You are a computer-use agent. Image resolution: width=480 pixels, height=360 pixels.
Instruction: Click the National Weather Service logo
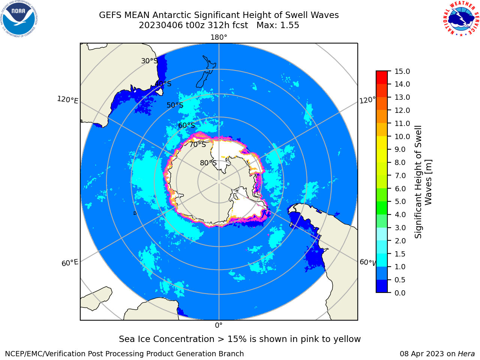click(x=461, y=19)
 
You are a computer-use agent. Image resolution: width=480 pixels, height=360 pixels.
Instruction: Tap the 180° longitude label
click(x=219, y=37)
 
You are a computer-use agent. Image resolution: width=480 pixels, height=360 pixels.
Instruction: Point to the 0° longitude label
click(x=219, y=325)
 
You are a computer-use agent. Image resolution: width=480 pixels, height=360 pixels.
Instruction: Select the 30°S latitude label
click(x=149, y=61)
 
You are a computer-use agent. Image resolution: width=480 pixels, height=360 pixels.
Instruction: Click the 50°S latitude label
click(x=175, y=105)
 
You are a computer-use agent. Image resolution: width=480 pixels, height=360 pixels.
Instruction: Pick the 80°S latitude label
click(x=208, y=163)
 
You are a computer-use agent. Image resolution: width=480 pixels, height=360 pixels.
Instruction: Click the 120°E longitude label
click(x=68, y=100)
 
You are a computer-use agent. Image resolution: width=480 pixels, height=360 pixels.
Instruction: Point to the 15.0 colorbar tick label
click(x=402, y=72)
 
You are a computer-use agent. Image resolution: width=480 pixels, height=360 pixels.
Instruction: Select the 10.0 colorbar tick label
click(x=402, y=136)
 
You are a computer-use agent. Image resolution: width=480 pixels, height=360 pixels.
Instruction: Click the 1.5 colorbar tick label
click(x=400, y=254)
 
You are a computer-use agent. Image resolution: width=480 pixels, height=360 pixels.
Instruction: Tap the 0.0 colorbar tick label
click(x=400, y=293)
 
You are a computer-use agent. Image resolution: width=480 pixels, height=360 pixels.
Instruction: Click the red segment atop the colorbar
click(x=382, y=77)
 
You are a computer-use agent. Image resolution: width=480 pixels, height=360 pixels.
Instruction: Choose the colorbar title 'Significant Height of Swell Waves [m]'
click(x=423, y=182)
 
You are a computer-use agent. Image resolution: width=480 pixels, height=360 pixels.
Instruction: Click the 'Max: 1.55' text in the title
click(x=278, y=25)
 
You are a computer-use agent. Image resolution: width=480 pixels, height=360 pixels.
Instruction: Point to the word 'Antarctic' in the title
click(x=172, y=15)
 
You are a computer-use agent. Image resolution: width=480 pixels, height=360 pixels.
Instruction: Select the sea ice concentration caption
click(x=240, y=339)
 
